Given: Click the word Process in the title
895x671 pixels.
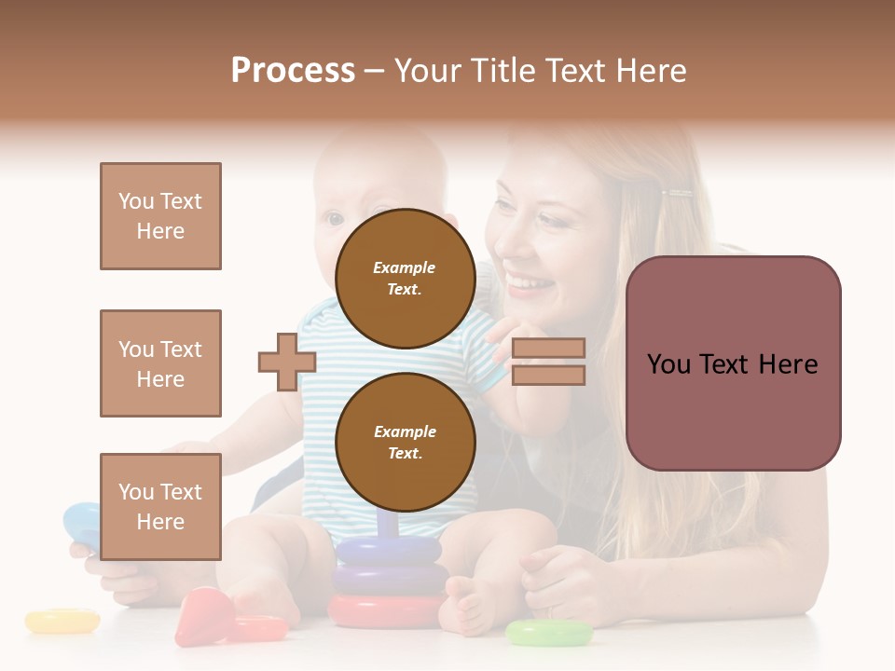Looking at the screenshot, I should click(293, 71).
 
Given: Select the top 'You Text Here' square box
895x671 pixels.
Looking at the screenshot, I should click(160, 216).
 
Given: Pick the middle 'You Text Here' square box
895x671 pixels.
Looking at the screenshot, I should click(160, 363).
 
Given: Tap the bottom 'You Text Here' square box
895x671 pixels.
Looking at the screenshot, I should click(160, 507).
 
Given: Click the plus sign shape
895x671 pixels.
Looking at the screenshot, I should click(287, 363).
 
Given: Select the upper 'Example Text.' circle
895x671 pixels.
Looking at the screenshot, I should click(405, 279).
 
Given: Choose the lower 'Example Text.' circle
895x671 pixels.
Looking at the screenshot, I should click(405, 443).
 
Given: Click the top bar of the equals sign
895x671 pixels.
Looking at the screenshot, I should click(548, 349).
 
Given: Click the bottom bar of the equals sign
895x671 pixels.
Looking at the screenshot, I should click(548, 376).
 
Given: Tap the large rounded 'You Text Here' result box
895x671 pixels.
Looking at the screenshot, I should click(733, 363).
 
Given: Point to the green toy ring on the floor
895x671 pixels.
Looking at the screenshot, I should click(548, 634).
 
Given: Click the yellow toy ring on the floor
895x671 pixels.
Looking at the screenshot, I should click(62, 621).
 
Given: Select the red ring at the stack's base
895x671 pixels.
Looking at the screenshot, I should click(384, 611).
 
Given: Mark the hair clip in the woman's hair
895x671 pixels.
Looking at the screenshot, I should click(678, 195).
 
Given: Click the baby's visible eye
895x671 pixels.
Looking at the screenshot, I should click(335, 219).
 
